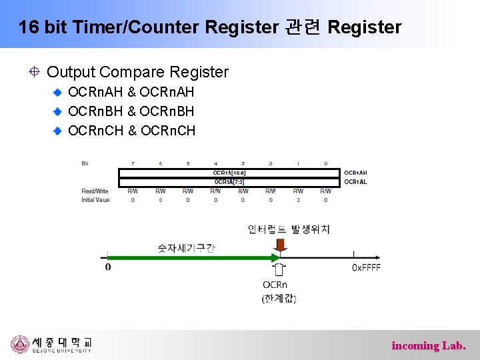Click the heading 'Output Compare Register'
tap(137, 72)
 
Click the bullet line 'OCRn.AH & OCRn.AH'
tap(131, 93)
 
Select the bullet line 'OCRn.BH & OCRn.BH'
tap(131, 111)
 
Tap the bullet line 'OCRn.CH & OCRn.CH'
tap(132, 131)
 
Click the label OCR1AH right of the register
tap(355, 173)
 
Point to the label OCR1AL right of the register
tap(355, 181)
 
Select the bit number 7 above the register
tap(133, 163)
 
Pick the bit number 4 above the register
tap(215, 163)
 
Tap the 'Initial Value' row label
tap(95, 199)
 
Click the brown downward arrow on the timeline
tap(281, 246)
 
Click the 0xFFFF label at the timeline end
tap(366, 267)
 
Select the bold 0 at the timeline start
tap(108, 267)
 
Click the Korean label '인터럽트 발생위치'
tap(289, 229)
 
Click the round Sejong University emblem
tap(20, 344)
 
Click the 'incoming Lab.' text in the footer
tap(428, 345)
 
